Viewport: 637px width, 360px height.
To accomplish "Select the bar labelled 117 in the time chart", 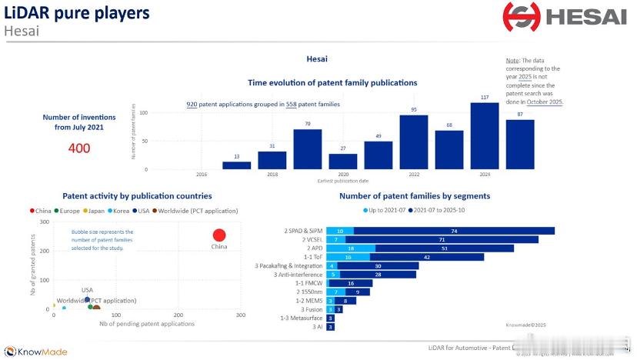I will (485, 135).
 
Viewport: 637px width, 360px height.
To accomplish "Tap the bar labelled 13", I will (236, 165).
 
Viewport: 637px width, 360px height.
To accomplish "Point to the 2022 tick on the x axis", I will (413, 175).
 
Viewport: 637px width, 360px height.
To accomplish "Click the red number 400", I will (79, 148).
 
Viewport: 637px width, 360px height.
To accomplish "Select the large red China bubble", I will (219, 236).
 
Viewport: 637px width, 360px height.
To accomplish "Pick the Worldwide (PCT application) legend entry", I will (197, 210).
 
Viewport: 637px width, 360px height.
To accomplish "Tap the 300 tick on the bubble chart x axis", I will (240, 315).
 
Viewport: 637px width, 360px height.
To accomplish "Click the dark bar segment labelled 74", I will (454, 231).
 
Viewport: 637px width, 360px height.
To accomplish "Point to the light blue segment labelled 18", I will (351, 248).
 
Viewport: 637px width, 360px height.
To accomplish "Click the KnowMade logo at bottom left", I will (36, 352).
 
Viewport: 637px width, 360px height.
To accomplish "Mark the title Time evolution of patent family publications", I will (332, 82).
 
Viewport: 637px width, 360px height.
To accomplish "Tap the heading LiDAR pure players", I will (77, 13).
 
